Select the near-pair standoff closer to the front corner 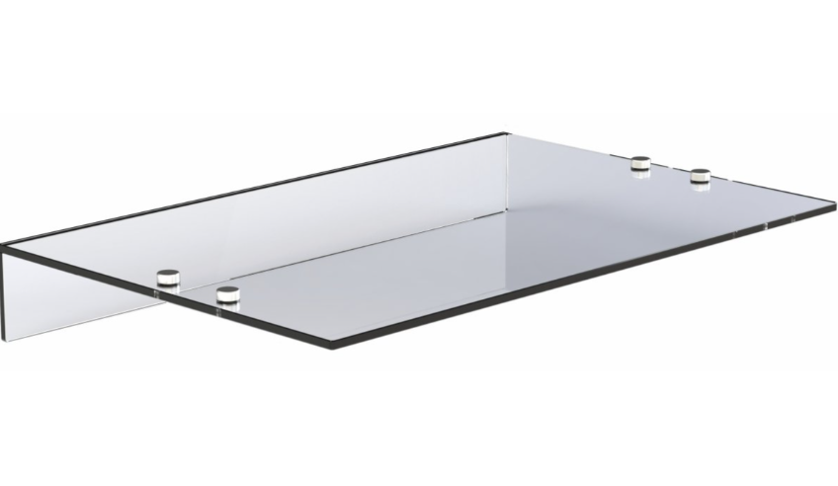click(228, 293)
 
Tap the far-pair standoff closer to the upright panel click(640, 163)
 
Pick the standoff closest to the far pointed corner click(700, 178)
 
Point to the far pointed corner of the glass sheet click(835, 207)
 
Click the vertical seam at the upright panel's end click(507, 178)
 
